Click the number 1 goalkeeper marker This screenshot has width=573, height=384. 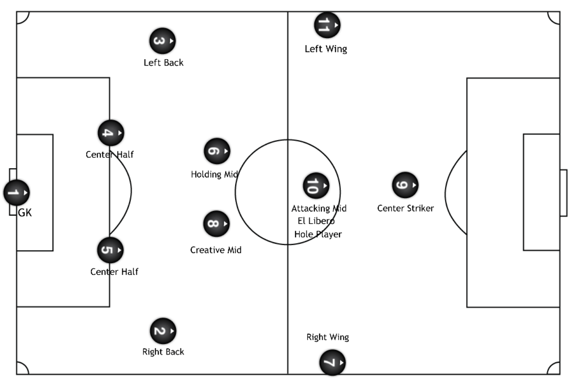pos(17,193)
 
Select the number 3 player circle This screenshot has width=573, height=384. pos(163,41)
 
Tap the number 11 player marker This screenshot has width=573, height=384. pos(327,25)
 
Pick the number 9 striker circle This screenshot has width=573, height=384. pos(405,185)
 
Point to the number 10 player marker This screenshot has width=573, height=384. pos(316,186)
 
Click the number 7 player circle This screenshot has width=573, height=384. pos(333,363)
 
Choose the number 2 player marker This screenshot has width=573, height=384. pos(163,331)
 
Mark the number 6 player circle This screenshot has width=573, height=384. pos(217,151)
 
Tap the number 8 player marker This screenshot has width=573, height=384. pos(216,224)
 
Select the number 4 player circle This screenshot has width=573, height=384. pos(111,133)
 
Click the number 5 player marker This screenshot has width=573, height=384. pos(110,250)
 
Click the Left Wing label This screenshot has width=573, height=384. pos(326,49)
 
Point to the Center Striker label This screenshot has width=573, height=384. pos(405,208)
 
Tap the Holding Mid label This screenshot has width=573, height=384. pos(214,174)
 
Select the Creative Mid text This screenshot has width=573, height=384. pos(216,250)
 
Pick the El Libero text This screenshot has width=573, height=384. pos(316,221)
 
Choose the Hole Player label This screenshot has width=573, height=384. pos(318,234)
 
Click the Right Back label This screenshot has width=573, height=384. pos(163,352)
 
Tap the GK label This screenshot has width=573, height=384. pos(25,213)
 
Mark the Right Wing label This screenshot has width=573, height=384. pos(328,337)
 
